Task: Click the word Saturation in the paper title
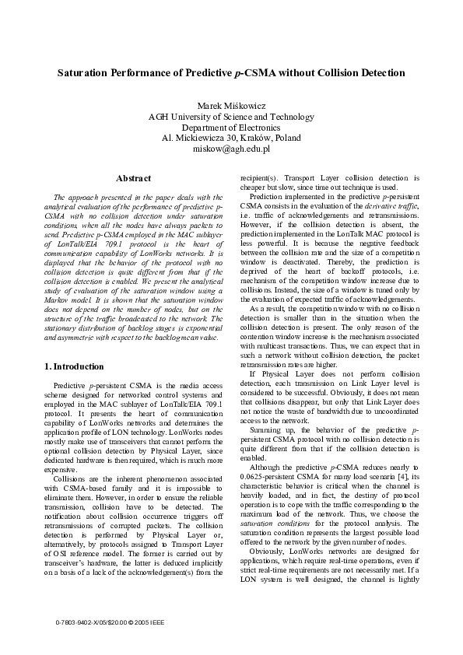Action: click(x=83, y=73)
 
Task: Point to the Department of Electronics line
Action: click(x=231, y=128)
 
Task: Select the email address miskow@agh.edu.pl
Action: click(x=231, y=149)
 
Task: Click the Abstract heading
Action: click(x=132, y=179)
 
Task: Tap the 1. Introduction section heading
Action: click(x=74, y=366)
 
